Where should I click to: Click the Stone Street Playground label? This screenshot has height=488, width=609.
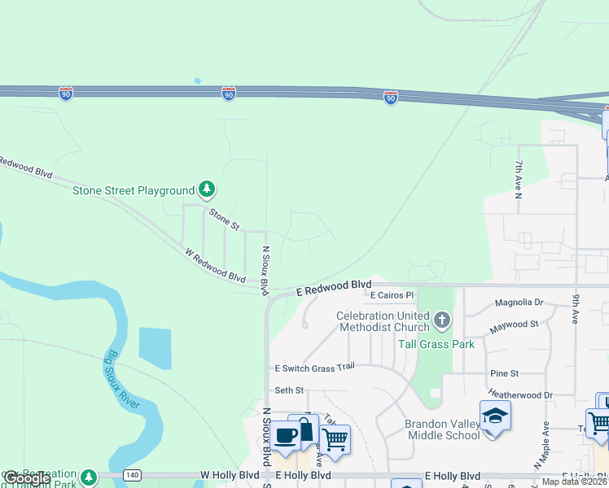click(x=134, y=191)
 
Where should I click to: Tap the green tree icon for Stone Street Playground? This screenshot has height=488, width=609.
click(x=208, y=190)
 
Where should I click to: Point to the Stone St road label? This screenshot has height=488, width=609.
click(x=225, y=218)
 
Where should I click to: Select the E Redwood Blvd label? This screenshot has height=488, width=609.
click(x=333, y=288)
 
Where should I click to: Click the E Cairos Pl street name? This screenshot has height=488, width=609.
click(x=392, y=296)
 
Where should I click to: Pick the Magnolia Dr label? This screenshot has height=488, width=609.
click(x=519, y=303)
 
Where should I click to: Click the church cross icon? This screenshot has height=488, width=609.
click(x=441, y=320)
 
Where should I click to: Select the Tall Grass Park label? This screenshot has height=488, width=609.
click(x=436, y=344)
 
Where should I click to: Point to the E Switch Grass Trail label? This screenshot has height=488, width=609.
click(x=315, y=368)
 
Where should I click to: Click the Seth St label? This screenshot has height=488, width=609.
click(x=288, y=390)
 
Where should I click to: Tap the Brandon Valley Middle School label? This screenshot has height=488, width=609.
click(x=443, y=429)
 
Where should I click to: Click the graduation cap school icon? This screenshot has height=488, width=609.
click(x=495, y=417)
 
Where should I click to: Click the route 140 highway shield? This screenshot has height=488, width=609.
click(x=133, y=474)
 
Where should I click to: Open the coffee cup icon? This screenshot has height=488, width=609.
click(x=286, y=436)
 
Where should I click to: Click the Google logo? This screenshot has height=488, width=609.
click(x=28, y=478)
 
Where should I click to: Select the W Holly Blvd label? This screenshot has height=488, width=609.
click(x=231, y=475)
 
